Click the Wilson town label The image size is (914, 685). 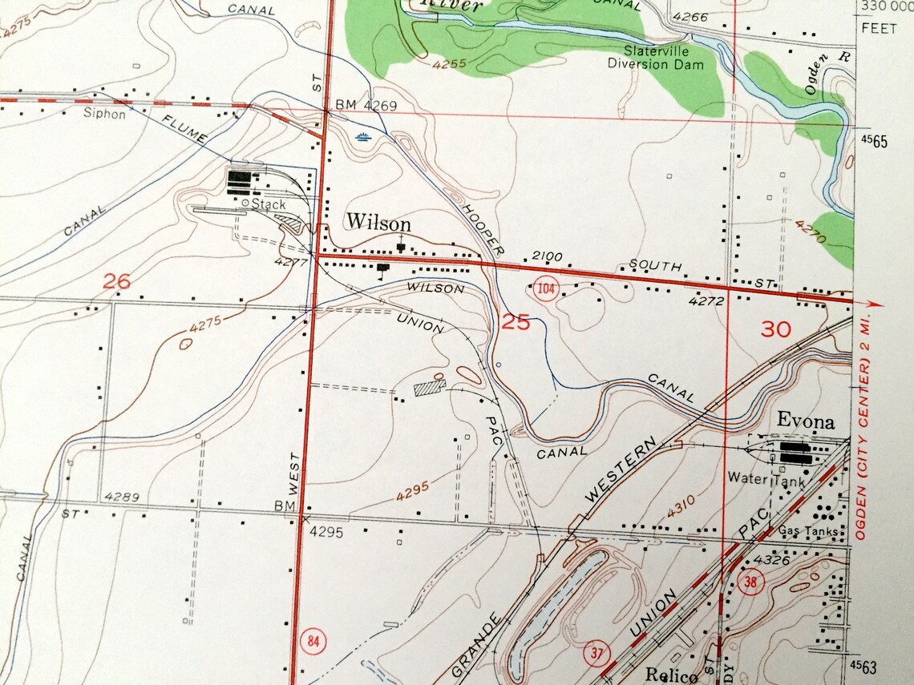coord(378,223)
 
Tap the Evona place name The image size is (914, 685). coord(805,422)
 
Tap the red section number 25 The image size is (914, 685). coord(516,322)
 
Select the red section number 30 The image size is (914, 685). coord(775,328)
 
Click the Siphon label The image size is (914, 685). coord(104,114)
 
